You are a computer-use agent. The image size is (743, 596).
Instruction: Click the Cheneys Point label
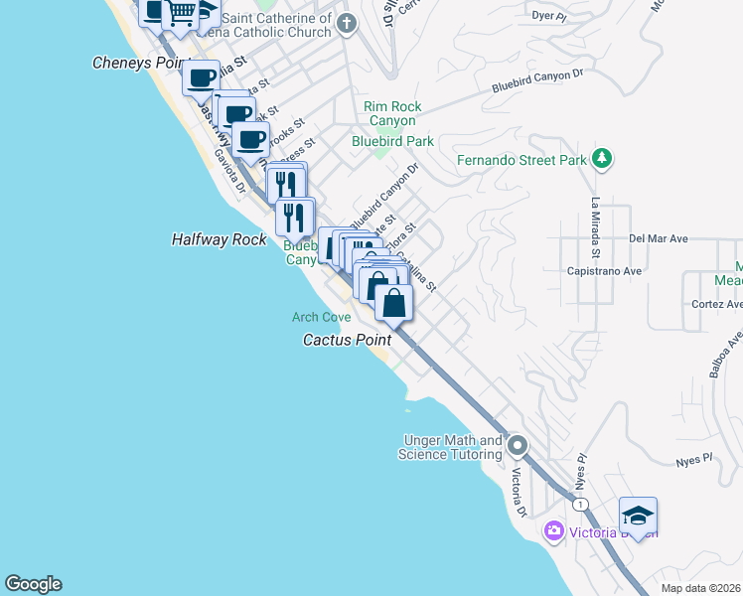(x=139, y=63)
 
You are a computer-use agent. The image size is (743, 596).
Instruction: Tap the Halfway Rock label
(x=219, y=240)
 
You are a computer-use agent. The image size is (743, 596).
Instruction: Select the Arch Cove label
(x=321, y=318)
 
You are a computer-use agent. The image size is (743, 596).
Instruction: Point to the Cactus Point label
(x=347, y=340)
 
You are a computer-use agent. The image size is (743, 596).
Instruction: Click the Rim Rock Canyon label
(x=392, y=113)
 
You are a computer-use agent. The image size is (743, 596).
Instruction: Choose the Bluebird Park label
(x=392, y=141)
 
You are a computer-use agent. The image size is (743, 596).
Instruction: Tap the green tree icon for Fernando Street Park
(x=600, y=158)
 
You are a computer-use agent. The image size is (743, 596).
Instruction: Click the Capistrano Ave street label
(x=604, y=270)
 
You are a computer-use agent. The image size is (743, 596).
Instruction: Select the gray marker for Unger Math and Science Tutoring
(x=517, y=446)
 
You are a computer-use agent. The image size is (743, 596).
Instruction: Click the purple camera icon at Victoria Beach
(x=553, y=531)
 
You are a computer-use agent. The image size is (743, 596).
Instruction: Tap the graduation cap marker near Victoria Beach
(x=638, y=516)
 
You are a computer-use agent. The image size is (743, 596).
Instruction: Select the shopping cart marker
(x=181, y=13)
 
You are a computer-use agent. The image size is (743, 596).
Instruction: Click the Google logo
(x=33, y=584)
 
